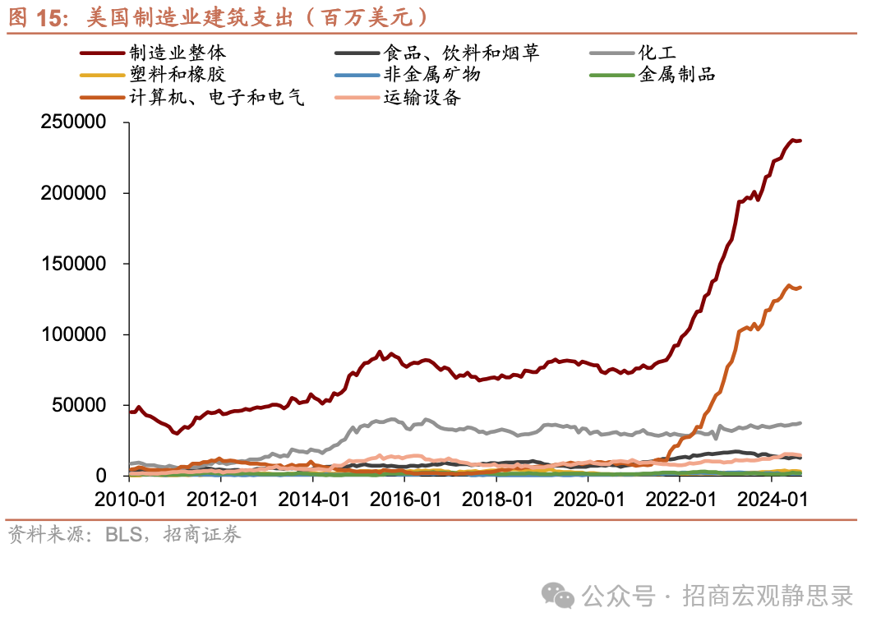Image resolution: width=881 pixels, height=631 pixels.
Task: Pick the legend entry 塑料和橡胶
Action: (x=178, y=76)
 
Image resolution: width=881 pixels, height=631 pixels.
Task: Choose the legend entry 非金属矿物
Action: (x=431, y=76)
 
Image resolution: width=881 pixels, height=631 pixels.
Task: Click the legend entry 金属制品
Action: (x=676, y=76)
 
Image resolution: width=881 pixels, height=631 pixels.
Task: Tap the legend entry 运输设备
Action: (x=422, y=98)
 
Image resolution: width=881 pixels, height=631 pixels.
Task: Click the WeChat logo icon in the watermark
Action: (x=561, y=596)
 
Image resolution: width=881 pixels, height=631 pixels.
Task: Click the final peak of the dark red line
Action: (x=793, y=140)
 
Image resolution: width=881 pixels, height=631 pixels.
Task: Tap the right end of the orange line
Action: (x=801, y=287)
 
